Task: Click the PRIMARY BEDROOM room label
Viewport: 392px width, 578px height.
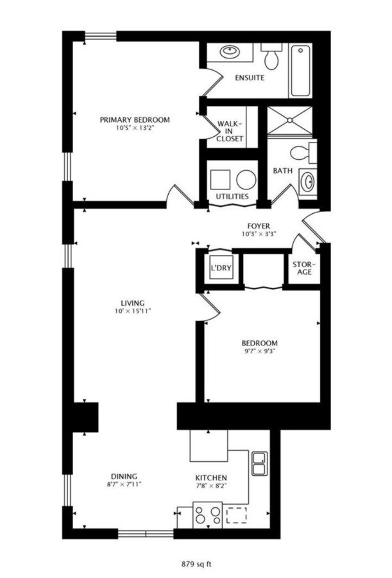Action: tap(134, 120)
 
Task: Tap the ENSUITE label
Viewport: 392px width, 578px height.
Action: tap(249, 78)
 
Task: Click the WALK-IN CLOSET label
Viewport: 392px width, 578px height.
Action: tap(229, 130)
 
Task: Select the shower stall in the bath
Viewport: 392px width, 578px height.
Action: tap(290, 121)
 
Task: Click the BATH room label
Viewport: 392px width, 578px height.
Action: tap(282, 171)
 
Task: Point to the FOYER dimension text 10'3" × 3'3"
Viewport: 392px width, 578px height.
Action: tap(259, 234)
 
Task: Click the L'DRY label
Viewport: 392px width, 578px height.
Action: tap(220, 268)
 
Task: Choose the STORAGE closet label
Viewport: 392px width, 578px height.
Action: tap(302, 268)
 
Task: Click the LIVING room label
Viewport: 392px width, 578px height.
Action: tap(133, 303)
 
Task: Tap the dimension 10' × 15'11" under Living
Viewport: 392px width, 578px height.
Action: tap(133, 311)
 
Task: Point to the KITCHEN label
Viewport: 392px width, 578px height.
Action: tap(211, 478)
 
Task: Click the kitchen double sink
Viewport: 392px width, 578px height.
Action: tap(260, 463)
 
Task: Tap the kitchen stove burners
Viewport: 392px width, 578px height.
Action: tap(208, 515)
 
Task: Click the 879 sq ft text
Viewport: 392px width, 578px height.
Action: tap(196, 565)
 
